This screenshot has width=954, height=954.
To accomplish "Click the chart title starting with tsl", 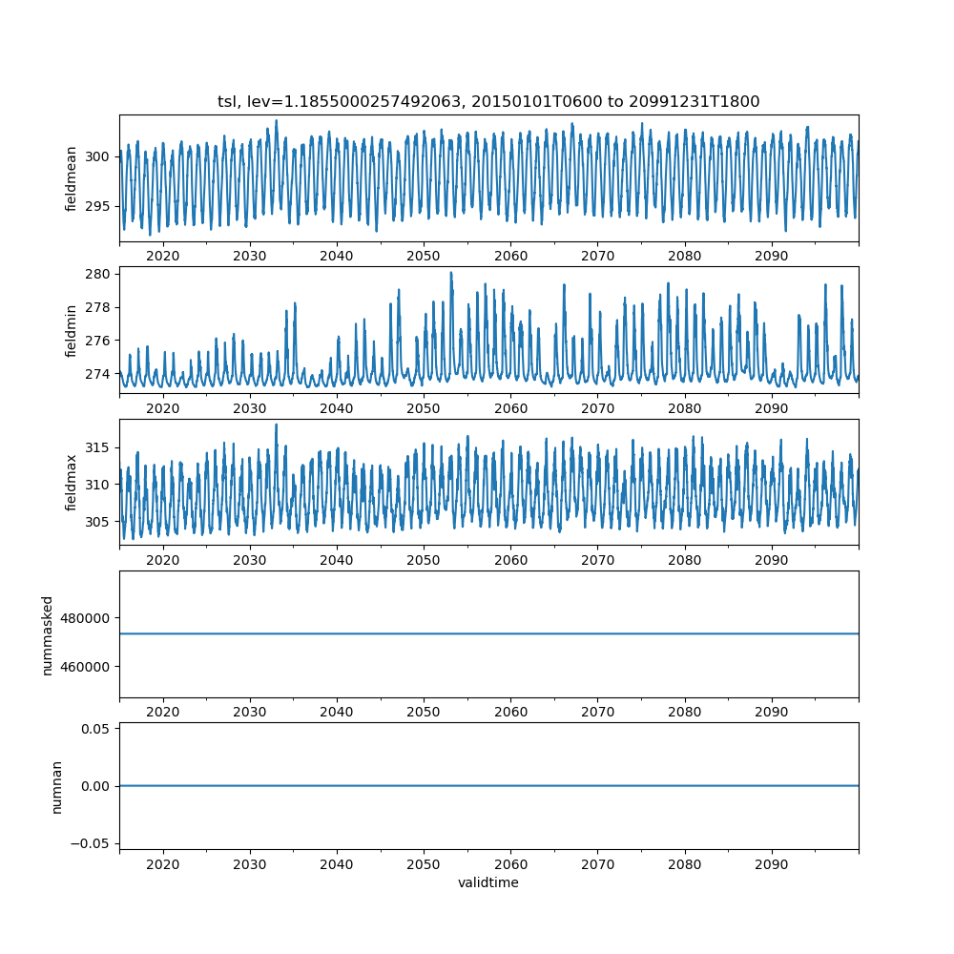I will coord(488,102).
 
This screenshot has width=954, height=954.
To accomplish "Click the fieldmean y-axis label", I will coord(72,178).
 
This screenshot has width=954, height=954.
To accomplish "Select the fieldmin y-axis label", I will coord(72,330).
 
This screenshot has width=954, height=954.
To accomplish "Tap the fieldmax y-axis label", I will coord(72,483).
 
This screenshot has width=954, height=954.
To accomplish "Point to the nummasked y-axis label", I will coord(48,634).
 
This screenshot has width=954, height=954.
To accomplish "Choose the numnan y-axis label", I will coord(56,786).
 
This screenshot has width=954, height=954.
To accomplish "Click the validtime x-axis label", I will coord(488,883).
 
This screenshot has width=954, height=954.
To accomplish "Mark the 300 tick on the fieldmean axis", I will coord(99,156).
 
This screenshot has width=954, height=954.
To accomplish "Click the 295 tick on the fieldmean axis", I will coord(99,206).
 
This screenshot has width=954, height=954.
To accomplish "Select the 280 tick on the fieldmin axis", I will coord(99,274).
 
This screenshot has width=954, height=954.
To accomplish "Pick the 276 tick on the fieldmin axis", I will coord(99,341).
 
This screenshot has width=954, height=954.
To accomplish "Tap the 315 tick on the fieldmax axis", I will coord(99,447).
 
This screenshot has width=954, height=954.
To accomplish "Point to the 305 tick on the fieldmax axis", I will coord(99,522).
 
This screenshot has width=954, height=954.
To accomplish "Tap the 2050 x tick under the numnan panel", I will coord(424,863).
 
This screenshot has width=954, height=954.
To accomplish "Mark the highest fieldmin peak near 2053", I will coord(451,273).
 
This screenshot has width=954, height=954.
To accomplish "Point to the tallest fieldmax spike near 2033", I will coord(277,425).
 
